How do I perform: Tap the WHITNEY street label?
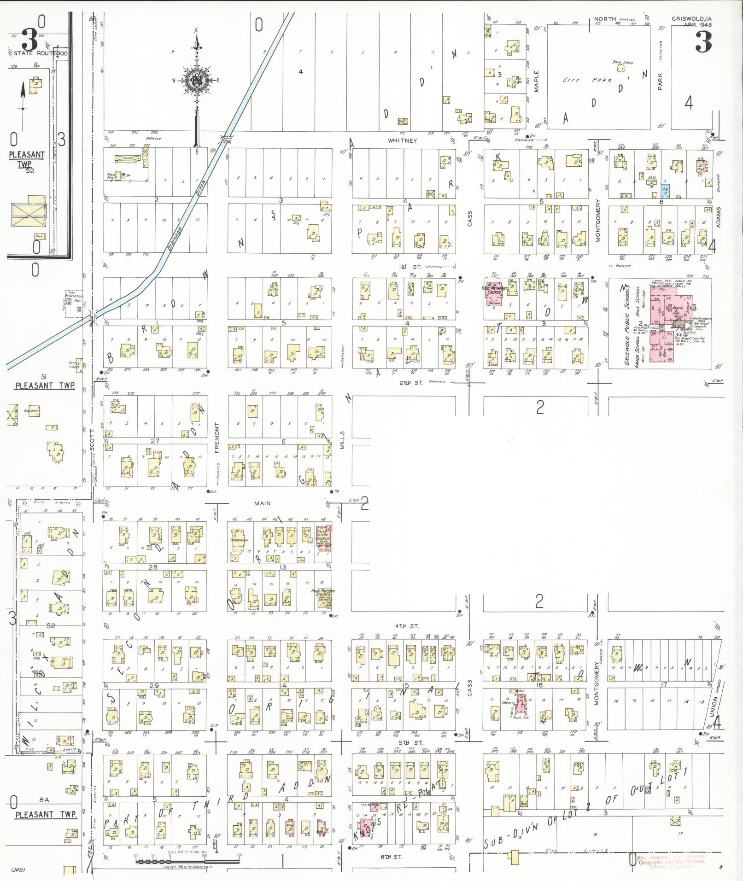click(402, 140)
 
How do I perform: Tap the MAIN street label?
click(263, 504)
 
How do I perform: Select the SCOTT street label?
click(92, 440)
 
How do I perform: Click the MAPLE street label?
click(536, 81)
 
